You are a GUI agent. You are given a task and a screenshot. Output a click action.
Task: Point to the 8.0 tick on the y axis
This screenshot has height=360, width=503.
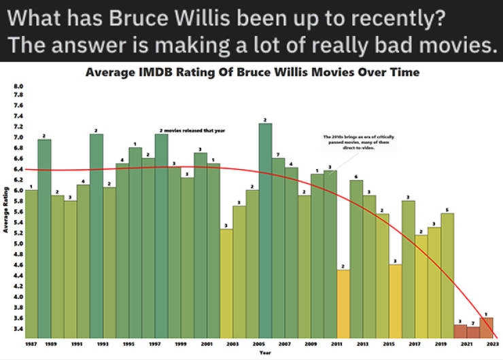[x=18, y=87]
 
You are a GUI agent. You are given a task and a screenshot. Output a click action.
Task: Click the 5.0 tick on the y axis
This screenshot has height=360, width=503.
[x=18, y=243]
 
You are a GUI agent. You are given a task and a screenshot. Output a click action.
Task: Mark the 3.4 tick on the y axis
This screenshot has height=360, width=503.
[x=18, y=329]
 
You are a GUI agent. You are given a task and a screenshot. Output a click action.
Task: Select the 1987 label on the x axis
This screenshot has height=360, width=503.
[x=31, y=345]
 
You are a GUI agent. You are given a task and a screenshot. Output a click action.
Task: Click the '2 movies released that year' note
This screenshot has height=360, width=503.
[x=192, y=130]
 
